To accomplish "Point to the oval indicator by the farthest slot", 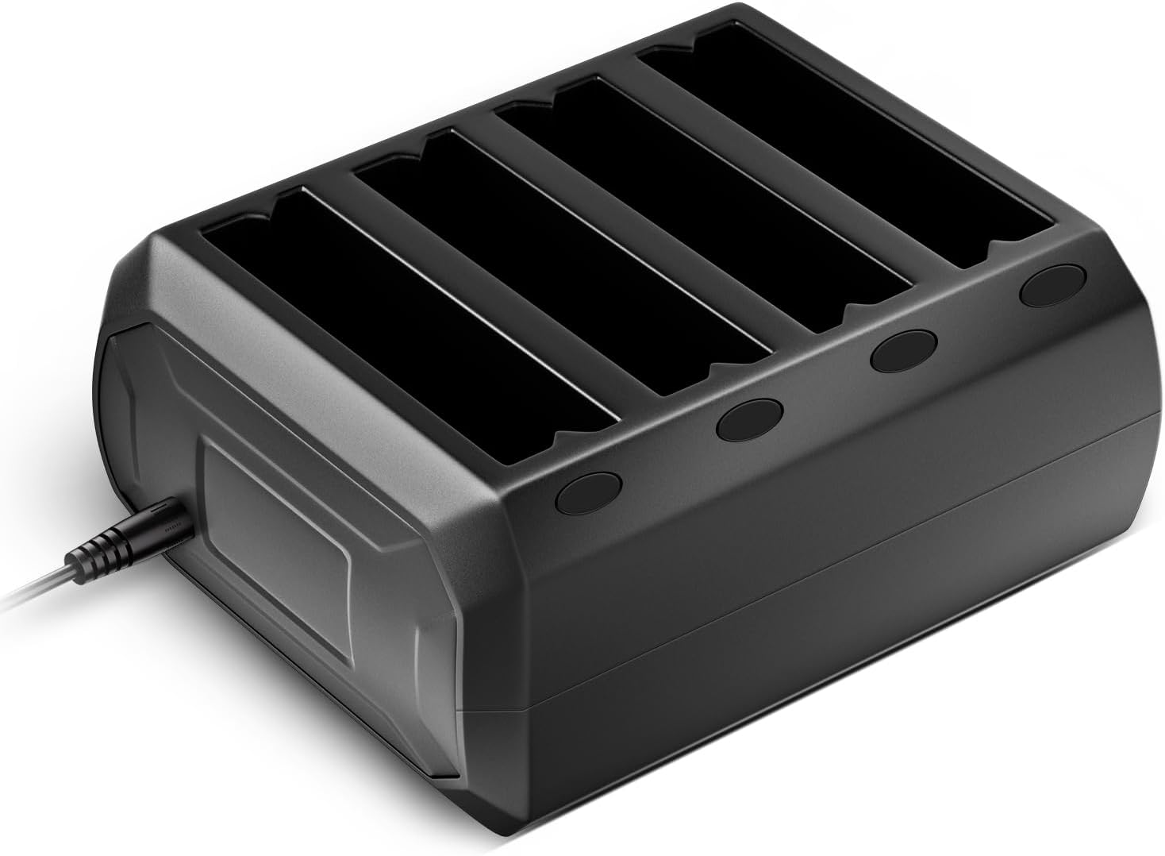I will click(x=1052, y=287).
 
